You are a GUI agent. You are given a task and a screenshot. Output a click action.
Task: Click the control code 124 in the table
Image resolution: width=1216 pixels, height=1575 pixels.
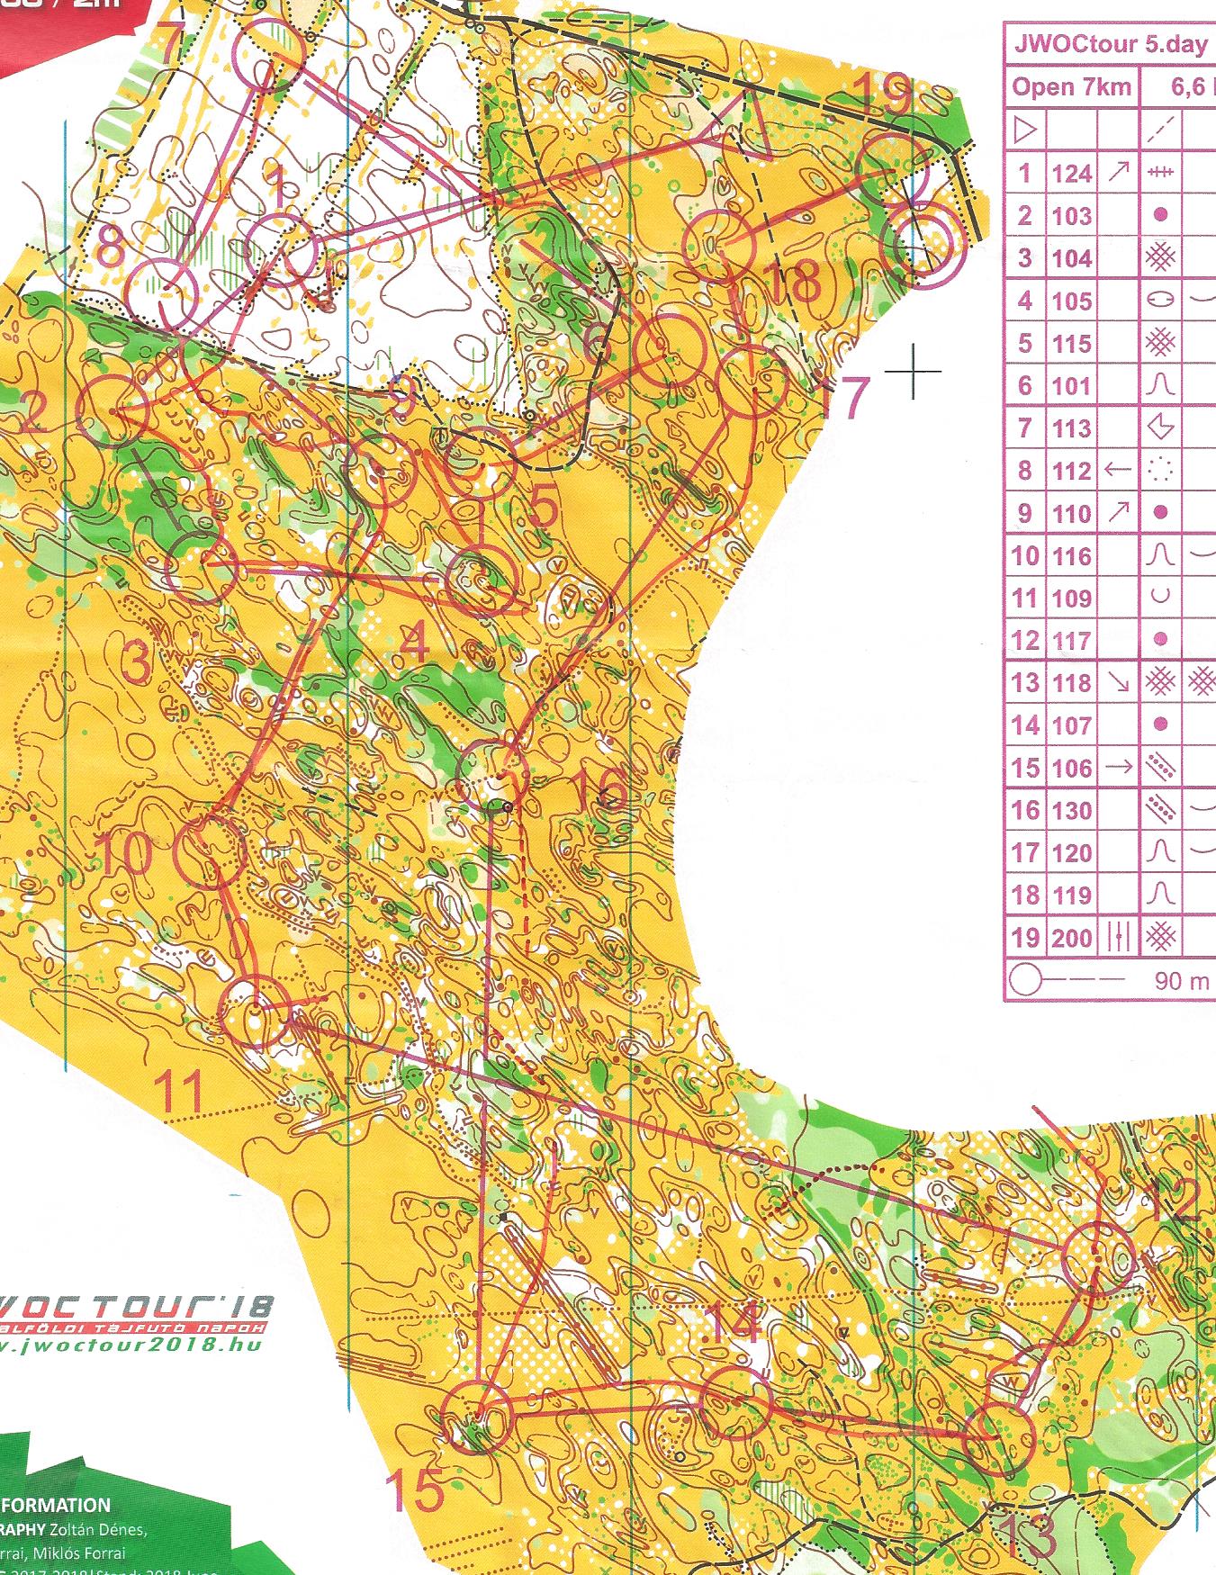(1071, 173)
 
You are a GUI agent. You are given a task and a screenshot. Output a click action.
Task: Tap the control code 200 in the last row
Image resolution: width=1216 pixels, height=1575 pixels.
(1071, 939)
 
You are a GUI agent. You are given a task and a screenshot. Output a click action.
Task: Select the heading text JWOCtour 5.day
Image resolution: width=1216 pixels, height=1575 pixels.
(1110, 46)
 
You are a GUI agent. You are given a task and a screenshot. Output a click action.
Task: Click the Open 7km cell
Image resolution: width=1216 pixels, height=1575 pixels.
(1069, 87)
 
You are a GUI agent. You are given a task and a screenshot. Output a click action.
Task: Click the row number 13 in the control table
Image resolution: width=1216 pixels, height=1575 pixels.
(1024, 683)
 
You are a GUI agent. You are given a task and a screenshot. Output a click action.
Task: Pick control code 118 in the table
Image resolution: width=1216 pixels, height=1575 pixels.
(1071, 683)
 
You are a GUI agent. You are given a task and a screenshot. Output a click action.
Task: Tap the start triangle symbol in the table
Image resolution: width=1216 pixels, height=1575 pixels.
(1024, 131)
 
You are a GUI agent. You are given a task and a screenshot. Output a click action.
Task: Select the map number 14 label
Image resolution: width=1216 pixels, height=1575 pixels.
(730, 1324)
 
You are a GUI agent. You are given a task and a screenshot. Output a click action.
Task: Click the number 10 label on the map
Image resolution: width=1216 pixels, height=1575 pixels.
(123, 852)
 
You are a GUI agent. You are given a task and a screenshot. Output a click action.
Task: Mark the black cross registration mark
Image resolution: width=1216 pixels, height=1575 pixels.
(913, 370)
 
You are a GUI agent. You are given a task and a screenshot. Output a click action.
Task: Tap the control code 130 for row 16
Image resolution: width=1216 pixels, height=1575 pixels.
(1071, 811)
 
